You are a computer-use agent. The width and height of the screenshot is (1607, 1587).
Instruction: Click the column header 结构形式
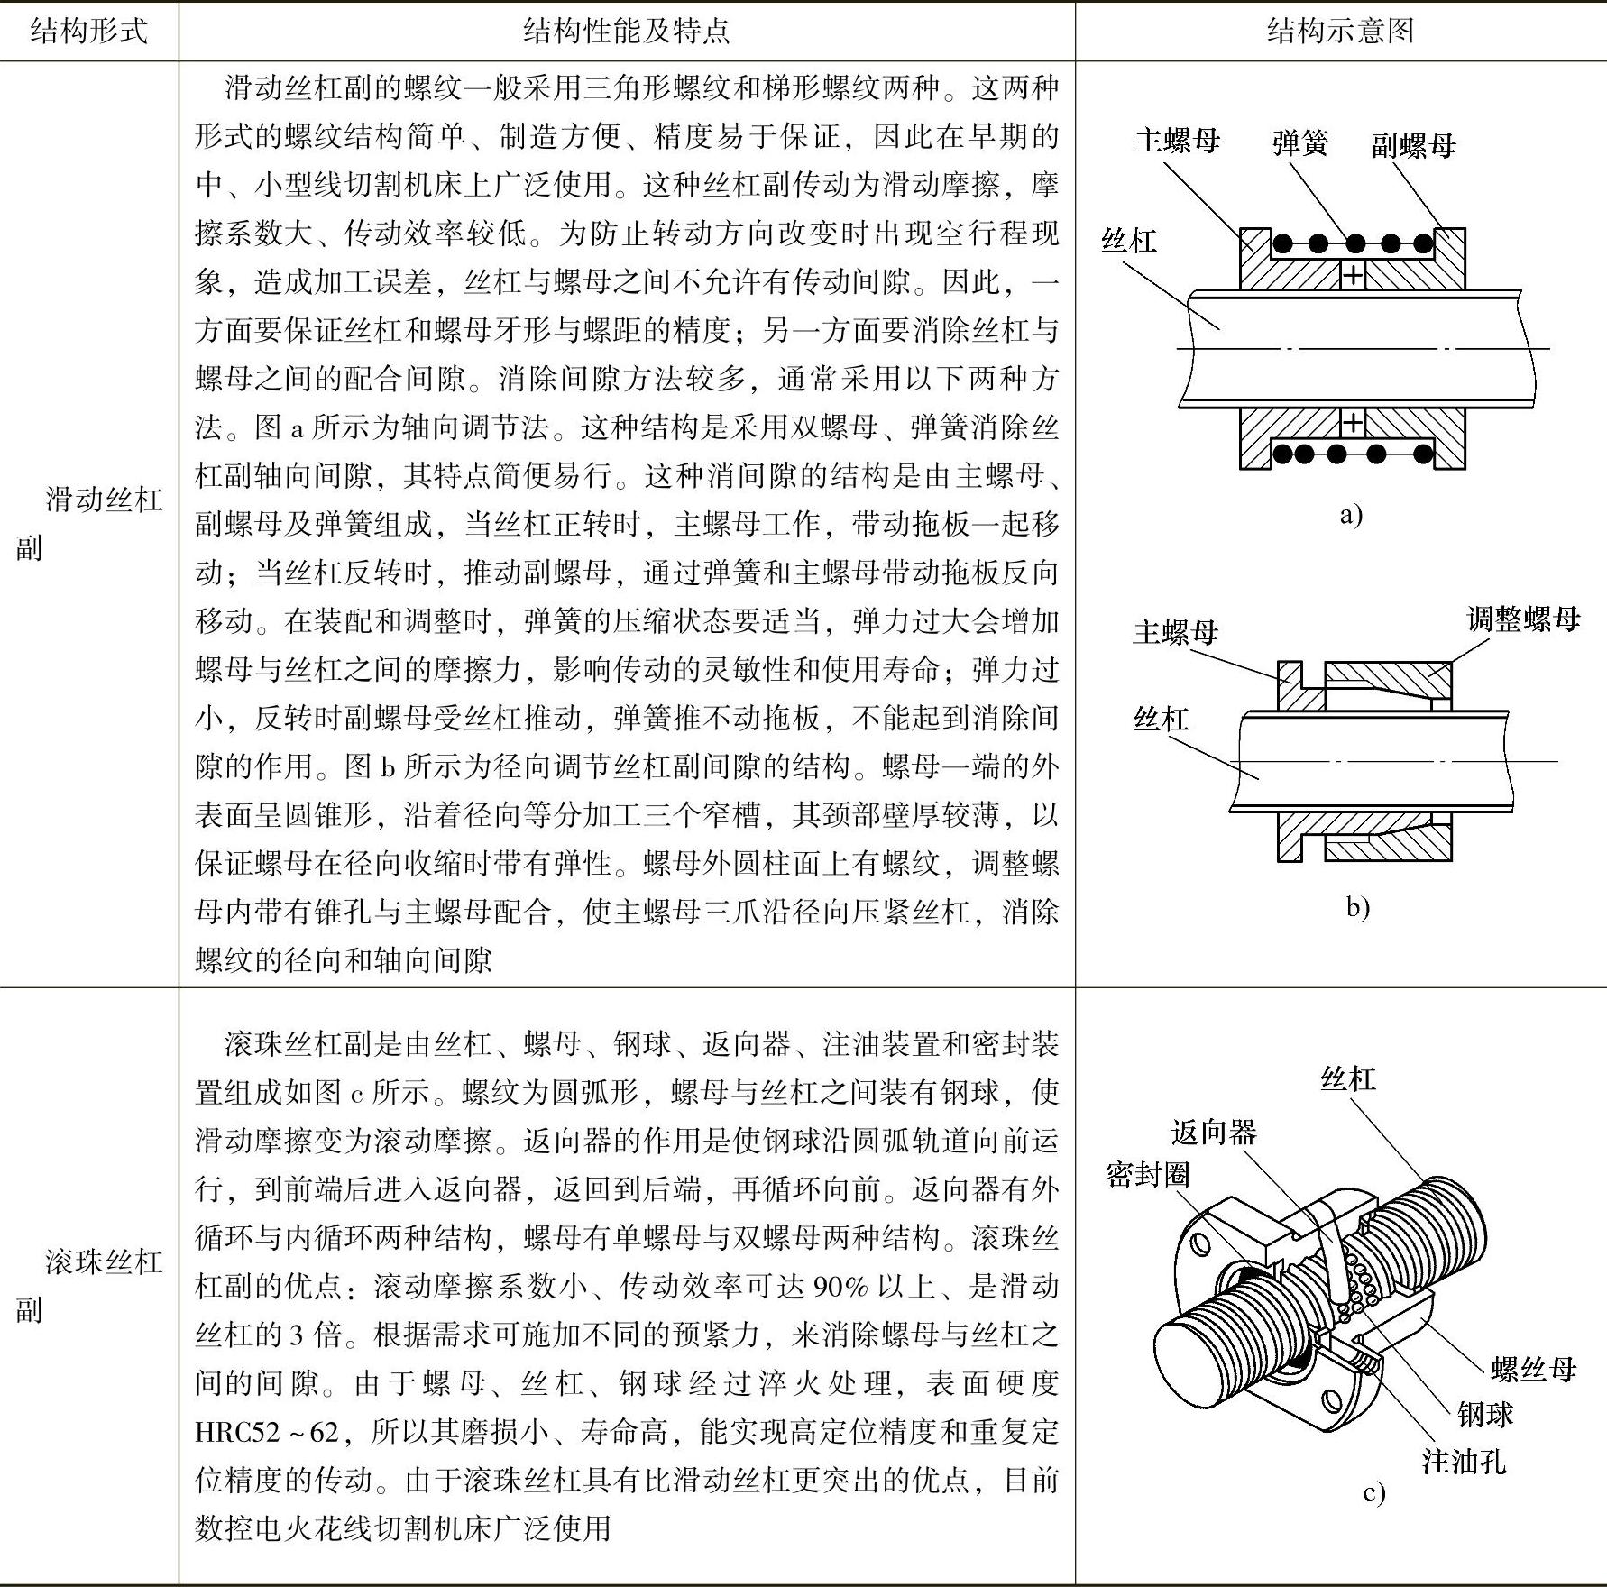click(x=88, y=32)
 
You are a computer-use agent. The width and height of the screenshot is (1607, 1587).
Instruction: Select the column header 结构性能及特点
click(x=626, y=32)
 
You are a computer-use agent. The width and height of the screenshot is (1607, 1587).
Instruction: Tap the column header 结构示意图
click(x=1340, y=32)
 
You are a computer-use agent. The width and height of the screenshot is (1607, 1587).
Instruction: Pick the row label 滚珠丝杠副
click(x=88, y=1285)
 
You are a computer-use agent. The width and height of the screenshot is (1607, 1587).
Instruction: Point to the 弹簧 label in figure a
click(x=1300, y=143)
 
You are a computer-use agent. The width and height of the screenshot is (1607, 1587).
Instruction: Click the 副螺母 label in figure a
click(x=1413, y=145)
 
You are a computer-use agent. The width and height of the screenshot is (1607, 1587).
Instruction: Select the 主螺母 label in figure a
click(x=1177, y=141)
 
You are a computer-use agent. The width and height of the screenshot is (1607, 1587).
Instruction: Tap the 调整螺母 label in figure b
click(x=1523, y=619)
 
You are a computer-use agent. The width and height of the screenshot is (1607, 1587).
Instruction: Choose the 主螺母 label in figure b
click(x=1175, y=632)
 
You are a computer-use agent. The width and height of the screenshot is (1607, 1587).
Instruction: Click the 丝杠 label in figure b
click(x=1161, y=719)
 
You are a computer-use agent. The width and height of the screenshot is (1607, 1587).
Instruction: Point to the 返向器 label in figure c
click(x=1213, y=1133)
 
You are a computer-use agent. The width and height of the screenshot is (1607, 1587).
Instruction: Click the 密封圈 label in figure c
click(x=1147, y=1174)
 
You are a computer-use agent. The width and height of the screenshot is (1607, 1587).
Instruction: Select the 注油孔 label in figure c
click(x=1464, y=1462)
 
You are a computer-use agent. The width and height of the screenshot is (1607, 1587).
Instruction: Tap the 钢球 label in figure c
click(x=1484, y=1415)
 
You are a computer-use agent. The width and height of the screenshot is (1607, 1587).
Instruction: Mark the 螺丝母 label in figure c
click(x=1533, y=1370)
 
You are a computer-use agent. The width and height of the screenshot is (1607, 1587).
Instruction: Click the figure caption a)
click(x=1350, y=516)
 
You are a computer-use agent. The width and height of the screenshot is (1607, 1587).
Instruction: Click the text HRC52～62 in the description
click(x=267, y=1432)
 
